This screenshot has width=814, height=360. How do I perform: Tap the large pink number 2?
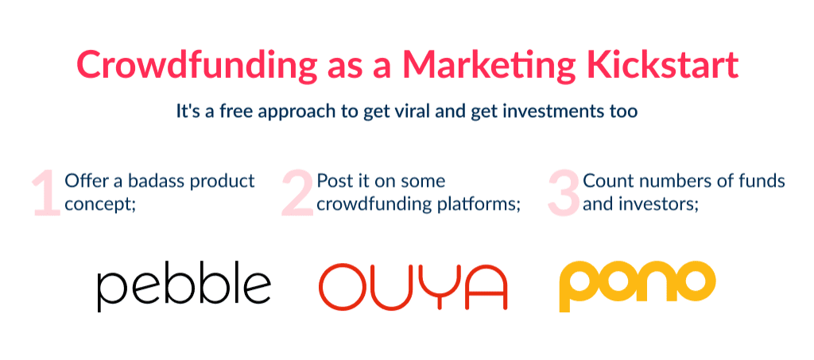[x=297, y=193]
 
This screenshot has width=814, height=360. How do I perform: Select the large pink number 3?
[x=564, y=193]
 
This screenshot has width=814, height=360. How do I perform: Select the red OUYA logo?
[x=413, y=287]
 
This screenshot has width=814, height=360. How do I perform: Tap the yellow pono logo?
[x=637, y=285]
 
